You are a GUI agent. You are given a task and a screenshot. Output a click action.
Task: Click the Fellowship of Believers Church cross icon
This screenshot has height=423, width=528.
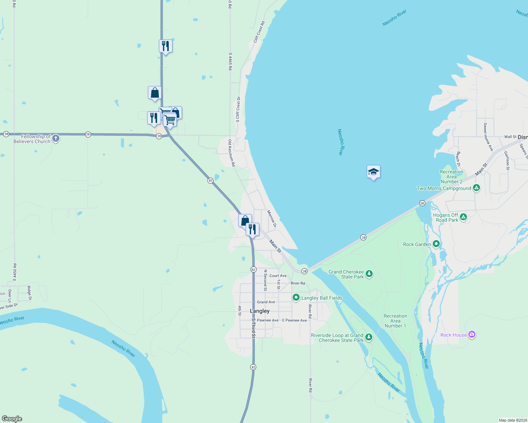pyautogui.click(x=56, y=139)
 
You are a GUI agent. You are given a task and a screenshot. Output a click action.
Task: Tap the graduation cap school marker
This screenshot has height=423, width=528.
pyautogui.click(x=373, y=172)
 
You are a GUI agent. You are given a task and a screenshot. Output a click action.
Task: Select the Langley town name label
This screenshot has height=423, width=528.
pyautogui.click(x=259, y=311)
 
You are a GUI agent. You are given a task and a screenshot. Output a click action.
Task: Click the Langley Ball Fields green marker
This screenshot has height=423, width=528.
pyautogui.click(x=296, y=298)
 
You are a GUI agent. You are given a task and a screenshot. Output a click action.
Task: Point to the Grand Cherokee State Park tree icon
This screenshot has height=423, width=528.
pyautogui.click(x=369, y=274)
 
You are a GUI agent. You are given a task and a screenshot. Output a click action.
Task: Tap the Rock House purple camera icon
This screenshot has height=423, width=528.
pyautogui.click(x=472, y=335)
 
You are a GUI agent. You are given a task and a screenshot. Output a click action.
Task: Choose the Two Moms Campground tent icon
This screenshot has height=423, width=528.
pyautogui.click(x=476, y=188)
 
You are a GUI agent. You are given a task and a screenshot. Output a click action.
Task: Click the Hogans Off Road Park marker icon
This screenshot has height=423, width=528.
pyautogui.click(x=463, y=217)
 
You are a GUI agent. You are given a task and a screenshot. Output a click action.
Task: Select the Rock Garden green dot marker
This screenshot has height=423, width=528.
pyautogui.click(x=436, y=244)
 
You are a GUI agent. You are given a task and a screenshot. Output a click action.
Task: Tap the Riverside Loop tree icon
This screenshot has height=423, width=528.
pyautogui.click(x=369, y=337)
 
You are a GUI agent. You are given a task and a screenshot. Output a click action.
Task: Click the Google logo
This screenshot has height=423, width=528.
pyautogui.click(x=12, y=419)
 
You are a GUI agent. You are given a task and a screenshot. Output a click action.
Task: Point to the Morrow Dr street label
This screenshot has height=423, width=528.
pyautogui.click(x=271, y=219)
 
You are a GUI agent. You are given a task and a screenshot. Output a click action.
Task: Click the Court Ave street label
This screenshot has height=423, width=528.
pyautogui.click(x=278, y=276)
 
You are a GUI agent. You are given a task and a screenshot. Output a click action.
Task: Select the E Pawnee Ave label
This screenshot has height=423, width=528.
pyautogui.click(x=294, y=320)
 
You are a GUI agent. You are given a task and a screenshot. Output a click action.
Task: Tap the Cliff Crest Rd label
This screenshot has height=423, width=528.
pyautogui.click(x=259, y=32)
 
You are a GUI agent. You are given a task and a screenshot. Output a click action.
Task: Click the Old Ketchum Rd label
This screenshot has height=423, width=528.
pyautogui.click(x=232, y=153)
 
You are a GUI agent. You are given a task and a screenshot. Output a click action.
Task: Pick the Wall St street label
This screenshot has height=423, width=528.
pyautogui.click(x=510, y=137)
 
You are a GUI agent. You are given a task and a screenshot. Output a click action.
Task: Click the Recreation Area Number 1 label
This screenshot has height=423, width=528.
pyautogui.click(x=395, y=321)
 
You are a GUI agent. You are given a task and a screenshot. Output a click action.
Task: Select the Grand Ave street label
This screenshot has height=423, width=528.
pyautogui.click(x=266, y=302)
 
